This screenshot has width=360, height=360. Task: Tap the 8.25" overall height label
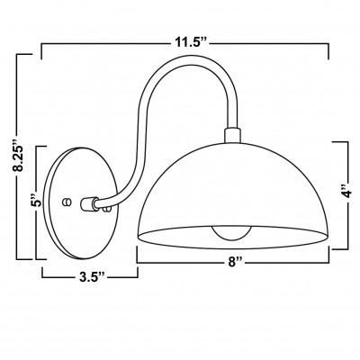20,158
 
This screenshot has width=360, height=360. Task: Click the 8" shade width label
235,262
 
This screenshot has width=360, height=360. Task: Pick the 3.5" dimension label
92,277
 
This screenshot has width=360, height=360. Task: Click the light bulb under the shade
231,233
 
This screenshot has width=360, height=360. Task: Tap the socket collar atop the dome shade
232,135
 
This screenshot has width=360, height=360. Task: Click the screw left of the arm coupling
66,202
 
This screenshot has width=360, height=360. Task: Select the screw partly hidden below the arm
106,210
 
